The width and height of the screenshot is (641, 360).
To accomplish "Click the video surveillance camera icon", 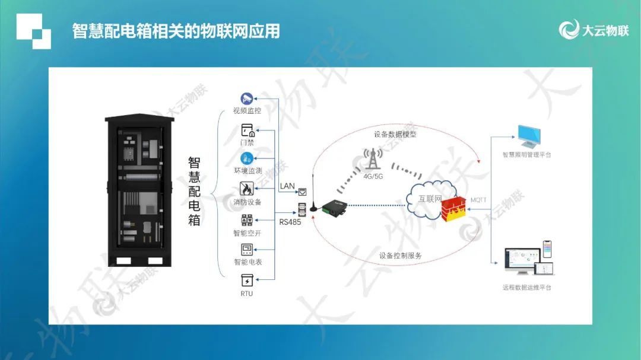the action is click(246, 98).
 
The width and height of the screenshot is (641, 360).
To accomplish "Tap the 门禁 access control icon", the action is click(247, 130).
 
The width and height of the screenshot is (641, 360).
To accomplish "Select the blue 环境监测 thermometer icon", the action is click(246, 158).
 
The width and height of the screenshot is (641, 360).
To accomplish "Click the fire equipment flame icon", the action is click(246, 189).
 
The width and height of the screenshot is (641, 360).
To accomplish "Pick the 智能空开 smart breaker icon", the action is click(247, 220).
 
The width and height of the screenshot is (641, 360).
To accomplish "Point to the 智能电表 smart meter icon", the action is click(247, 249).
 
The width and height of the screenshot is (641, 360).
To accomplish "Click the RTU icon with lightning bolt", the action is click(247, 281).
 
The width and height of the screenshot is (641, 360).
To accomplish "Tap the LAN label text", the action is click(287, 186).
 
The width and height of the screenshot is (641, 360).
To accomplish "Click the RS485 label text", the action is click(290, 222).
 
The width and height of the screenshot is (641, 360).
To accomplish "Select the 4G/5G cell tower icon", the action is click(372, 159).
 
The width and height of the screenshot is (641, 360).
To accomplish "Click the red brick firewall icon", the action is click(454, 209).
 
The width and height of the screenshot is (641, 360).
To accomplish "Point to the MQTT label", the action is click(478, 200).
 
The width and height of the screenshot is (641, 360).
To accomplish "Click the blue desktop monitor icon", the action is click(529, 136).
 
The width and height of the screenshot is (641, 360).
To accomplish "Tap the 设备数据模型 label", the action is click(395, 134).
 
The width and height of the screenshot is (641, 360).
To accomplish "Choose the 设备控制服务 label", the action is click(400, 256).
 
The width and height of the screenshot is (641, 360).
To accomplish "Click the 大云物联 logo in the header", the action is click(594, 30).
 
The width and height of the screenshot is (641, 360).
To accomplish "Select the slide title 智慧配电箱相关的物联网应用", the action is click(176, 31).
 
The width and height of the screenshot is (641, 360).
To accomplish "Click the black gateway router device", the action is click(334, 208).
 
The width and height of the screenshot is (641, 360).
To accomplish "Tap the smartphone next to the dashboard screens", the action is click(547, 249).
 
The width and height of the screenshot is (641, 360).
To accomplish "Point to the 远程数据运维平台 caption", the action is click(527, 288).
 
